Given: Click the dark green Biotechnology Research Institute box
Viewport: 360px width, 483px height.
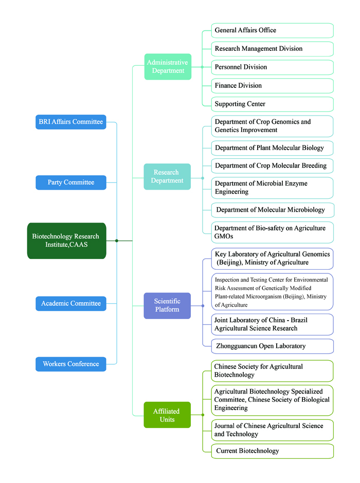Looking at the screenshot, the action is click(x=66, y=240).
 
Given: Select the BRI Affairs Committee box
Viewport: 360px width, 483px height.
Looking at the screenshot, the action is click(x=71, y=122).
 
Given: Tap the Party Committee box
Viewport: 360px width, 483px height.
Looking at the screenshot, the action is click(x=71, y=182).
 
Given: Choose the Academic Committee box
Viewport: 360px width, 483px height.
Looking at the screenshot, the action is click(x=71, y=303).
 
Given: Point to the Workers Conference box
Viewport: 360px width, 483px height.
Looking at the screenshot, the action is click(x=71, y=364).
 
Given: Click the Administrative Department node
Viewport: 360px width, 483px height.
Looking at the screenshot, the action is click(x=168, y=66).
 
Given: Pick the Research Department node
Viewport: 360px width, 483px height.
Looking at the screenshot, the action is click(x=167, y=177).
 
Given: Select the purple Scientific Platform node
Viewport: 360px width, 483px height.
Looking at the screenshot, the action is click(x=167, y=306).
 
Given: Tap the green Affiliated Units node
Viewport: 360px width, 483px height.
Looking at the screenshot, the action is click(x=167, y=415).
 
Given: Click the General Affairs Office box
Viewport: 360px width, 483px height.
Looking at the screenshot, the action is click(x=272, y=30).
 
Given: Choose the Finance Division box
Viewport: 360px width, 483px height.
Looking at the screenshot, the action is click(x=272, y=86).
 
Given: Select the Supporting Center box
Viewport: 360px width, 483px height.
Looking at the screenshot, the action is click(x=272, y=104).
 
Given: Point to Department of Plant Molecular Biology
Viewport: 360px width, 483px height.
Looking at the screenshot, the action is click(x=272, y=148).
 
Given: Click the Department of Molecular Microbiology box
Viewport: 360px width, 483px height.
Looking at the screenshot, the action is click(x=273, y=210).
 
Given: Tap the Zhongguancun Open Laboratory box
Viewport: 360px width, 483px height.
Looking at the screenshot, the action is click(x=272, y=346).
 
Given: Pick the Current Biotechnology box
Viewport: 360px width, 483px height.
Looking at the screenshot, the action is click(x=272, y=451).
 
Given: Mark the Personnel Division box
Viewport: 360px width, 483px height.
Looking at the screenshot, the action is click(x=272, y=67).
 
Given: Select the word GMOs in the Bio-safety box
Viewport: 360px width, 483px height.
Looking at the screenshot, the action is click(x=224, y=236).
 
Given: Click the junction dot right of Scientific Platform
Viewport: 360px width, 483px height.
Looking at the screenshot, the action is click(x=203, y=306).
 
